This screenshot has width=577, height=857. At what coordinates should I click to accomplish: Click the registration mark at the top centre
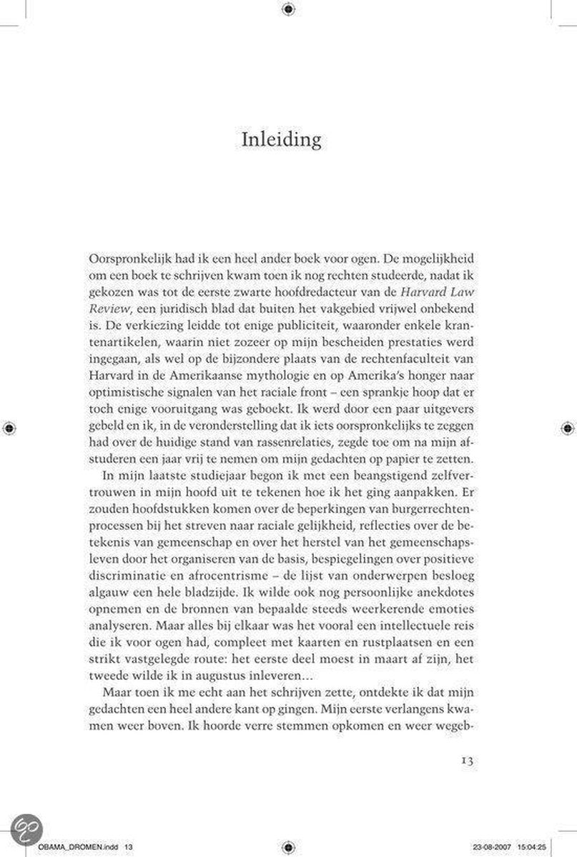287,9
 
